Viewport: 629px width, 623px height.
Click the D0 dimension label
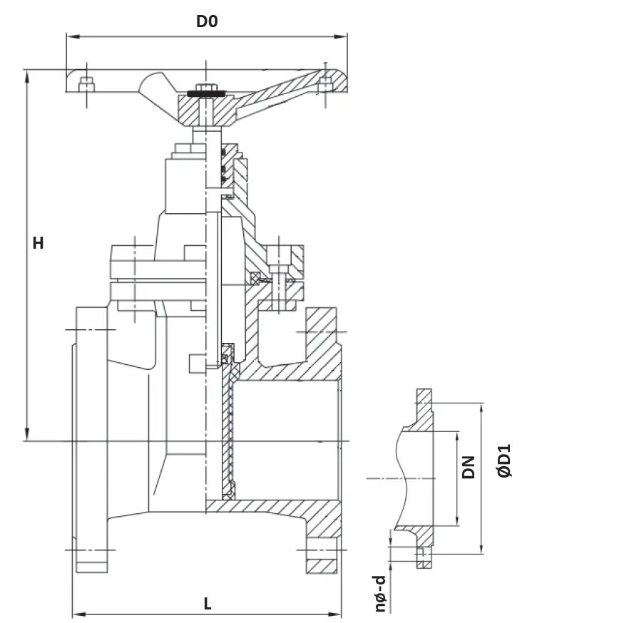click(x=207, y=21)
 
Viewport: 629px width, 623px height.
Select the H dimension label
click(x=38, y=243)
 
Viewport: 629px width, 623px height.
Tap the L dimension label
click(x=208, y=604)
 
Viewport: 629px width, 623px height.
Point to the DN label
click(x=468, y=467)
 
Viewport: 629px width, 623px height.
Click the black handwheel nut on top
click(x=206, y=91)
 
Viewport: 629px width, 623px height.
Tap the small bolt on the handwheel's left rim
click(x=86, y=83)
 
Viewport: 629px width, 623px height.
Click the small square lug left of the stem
click(x=198, y=363)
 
